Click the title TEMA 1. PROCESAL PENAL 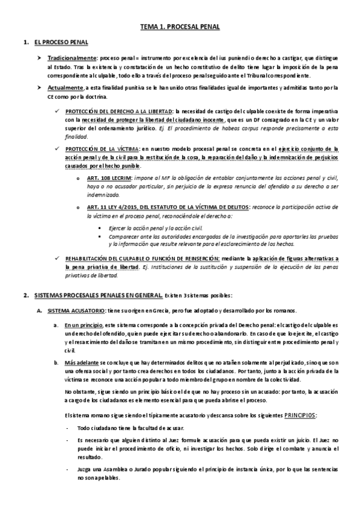(180, 27)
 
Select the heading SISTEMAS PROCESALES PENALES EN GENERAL (98, 295)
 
